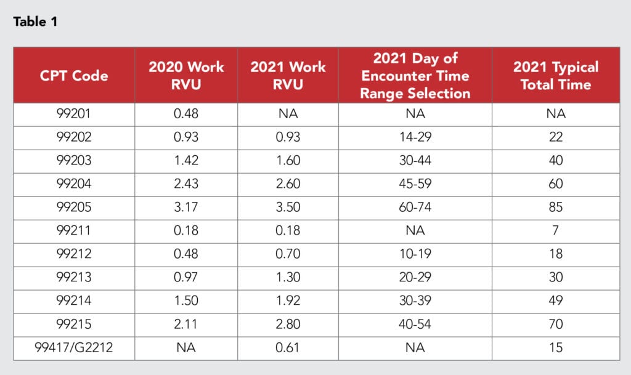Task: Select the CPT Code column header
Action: [x=73, y=76]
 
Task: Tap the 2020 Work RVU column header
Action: [x=186, y=76]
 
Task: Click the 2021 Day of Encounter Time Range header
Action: [x=415, y=76]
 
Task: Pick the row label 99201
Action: [x=73, y=113]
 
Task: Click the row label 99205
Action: [x=73, y=208]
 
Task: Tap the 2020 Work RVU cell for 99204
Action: [x=186, y=184]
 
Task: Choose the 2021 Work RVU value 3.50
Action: [x=288, y=208]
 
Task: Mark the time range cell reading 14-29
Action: [x=415, y=137]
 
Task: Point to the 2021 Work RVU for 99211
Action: [x=288, y=231]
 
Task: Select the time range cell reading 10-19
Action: [x=415, y=254]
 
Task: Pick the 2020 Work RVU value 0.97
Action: [x=186, y=278]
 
